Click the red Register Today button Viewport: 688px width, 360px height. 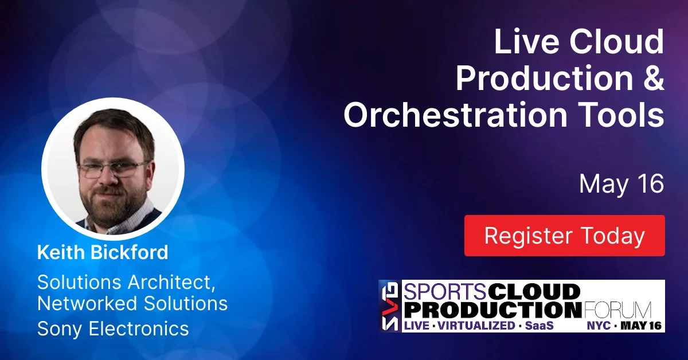pyautogui.click(x=565, y=236)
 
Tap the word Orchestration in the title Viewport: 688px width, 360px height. pyautogui.click(x=455, y=114)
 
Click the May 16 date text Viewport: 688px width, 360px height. pyautogui.click(x=621, y=183)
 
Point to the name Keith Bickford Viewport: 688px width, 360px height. pyautogui.click(x=103, y=252)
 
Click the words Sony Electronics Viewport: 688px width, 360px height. pyautogui.click(x=113, y=328)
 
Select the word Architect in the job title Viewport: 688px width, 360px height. pyautogui.click(x=171, y=282)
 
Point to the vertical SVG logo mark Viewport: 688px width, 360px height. pyautogui.click(x=390, y=306)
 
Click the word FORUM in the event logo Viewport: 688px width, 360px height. pyautogui.click(x=617, y=310)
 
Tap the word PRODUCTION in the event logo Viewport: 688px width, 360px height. pyautogui.click(x=492, y=310)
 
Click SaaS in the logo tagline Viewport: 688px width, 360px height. pyautogui.click(x=540, y=326)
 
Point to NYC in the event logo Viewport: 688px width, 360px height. pyautogui.click(x=599, y=326)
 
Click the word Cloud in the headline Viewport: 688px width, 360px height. pyautogui.click(x=617, y=42)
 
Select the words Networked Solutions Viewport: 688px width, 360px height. pyautogui.click(x=132, y=303)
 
